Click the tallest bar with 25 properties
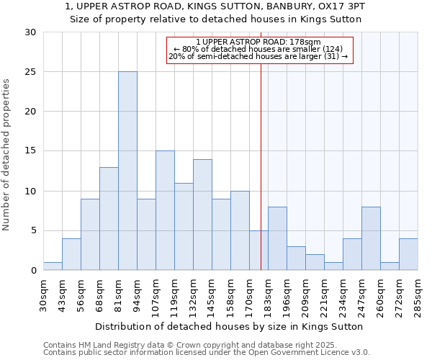click(x=127, y=171)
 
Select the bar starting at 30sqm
click(x=53, y=266)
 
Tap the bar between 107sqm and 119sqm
click(x=165, y=210)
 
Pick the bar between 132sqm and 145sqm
click(x=202, y=215)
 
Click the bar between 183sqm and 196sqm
click(x=277, y=238)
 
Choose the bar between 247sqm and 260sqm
click(x=371, y=238)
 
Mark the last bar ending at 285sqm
click(x=408, y=254)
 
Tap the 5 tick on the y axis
click(x=33, y=230)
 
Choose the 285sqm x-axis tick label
click(x=418, y=294)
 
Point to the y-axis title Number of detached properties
click(x=8, y=155)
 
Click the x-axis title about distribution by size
click(x=228, y=326)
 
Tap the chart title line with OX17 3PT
click(x=215, y=6)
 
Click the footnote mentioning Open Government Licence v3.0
click(x=207, y=353)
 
